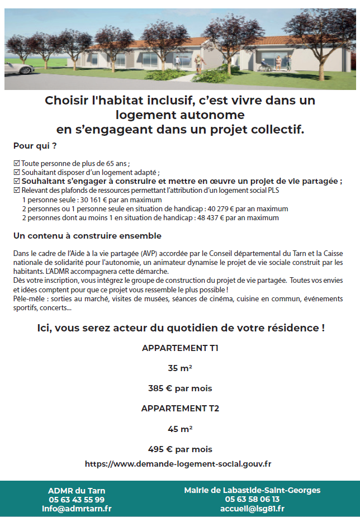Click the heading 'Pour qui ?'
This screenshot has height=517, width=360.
(35, 146)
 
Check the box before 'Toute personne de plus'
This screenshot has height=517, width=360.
(17, 164)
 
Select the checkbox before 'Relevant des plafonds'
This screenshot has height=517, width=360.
(17, 190)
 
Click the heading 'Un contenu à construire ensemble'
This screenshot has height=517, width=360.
(87, 236)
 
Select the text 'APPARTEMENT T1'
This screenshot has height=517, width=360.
(180, 348)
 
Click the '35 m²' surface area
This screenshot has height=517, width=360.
(180, 368)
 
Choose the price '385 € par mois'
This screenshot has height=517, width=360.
(180, 388)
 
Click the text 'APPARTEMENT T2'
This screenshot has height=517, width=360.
(180, 408)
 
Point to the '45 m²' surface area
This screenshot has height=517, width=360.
(180, 429)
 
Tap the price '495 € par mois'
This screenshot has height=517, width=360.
(180, 449)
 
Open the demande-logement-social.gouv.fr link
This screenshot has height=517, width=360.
(178, 463)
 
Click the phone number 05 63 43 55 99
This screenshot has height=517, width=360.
(77, 499)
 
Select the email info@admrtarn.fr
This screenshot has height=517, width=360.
(77, 509)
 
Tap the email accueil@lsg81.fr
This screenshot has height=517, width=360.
(252, 509)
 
